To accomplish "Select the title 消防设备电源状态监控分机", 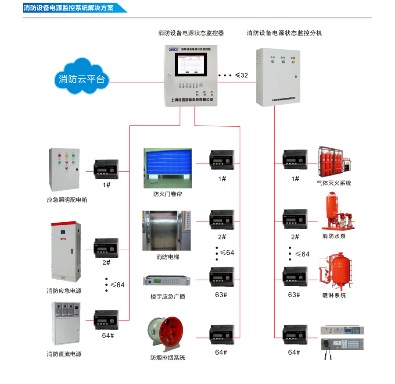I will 284,33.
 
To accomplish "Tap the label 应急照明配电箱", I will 67,200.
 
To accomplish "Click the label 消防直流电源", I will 64,354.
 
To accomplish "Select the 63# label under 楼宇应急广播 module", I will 222,295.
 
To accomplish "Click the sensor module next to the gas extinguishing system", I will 295,160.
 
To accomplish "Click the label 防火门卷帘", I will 168,194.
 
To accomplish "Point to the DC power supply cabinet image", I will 65,324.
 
